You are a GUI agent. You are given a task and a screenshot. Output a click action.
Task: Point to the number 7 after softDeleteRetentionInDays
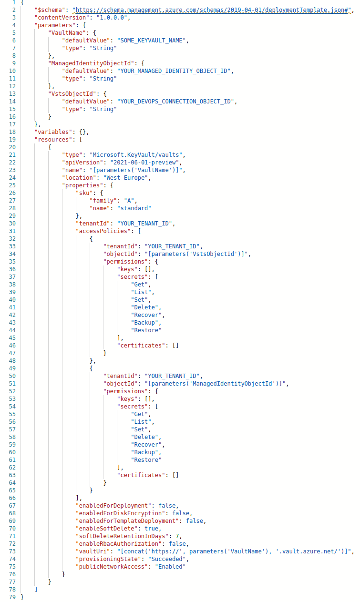click(177, 536)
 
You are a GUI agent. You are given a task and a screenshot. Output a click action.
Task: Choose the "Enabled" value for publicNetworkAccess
click(168, 566)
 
